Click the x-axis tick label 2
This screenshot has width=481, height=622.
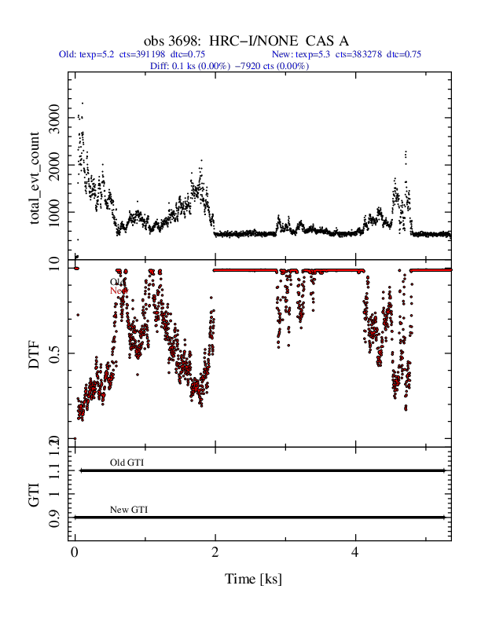[215, 553]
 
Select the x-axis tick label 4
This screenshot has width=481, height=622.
[355, 553]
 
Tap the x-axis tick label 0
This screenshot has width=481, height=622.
[75, 553]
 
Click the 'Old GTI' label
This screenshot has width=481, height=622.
[127, 463]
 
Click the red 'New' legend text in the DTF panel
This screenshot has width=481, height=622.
[118, 291]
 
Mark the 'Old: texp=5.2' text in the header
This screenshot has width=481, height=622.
[87, 55]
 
